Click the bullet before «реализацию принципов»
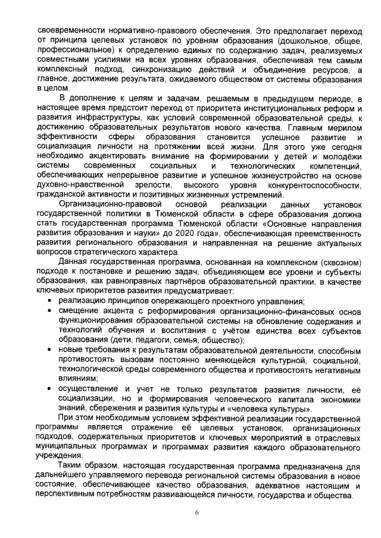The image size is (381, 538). [x=49, y=303]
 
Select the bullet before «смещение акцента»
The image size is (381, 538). [x=49, y=312]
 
